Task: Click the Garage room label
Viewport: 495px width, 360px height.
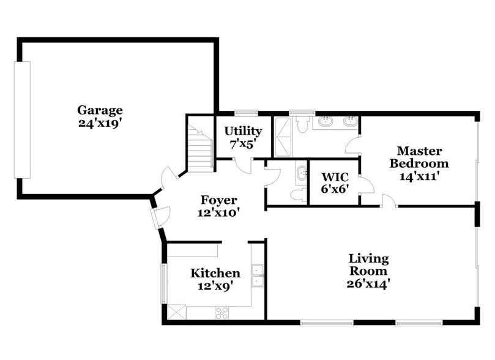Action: pyautogui.click(x=100, y=110)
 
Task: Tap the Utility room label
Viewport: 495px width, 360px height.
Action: pyautogui.click(x=243, y=131)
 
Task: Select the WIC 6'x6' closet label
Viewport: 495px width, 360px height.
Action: pyautogui.click(x=335, y=183)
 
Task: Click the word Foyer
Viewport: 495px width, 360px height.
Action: pyautogui.click(x=218, y=200)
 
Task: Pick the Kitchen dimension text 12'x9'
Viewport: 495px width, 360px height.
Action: pyautogui.click(x=215, y=285)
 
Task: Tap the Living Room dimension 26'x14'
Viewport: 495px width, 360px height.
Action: pyautogui.click(x=368, y=283)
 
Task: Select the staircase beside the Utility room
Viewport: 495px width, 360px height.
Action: pyautogui.click(x=200, y=149)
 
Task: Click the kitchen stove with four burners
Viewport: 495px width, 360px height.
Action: pyautogui.click(x=221, y=312)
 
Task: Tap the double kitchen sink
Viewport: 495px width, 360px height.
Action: pyautogui.click(x=258, y=277)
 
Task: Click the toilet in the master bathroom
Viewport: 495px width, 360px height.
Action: pyautogui.click(x=302, y=125)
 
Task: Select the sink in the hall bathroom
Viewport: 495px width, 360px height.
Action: pyautogui.click(x=300, y=174)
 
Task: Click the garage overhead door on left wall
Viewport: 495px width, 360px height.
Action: pyautogui.click(x=22, y=120)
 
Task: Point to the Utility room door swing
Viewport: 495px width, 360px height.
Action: pyautogui.click(x=242, y=165)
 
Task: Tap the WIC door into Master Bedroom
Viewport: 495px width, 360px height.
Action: pyautogui.click(x=366, y=184)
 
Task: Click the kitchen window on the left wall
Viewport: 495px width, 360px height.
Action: pyautogui.click(x=163, y=283)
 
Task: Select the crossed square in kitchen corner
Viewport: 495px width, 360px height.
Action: pyautogui.click(x=177, y=312)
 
